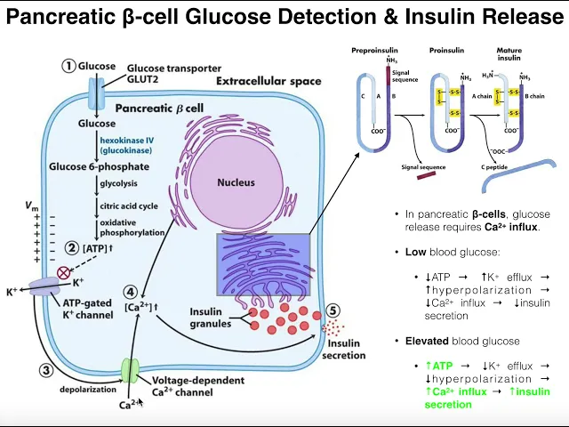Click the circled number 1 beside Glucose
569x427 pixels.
68,65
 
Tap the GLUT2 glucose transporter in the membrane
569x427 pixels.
96,89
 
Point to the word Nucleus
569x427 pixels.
236,182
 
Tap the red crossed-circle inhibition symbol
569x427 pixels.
63,273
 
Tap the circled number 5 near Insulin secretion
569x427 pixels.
333,310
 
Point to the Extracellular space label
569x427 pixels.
268,82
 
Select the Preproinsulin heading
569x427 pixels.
374,51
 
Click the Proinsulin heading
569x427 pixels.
448,51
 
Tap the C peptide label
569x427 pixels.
494,166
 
